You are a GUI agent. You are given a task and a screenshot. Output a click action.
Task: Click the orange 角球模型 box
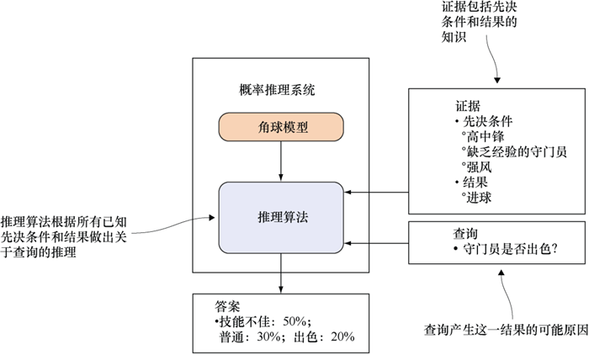click(281, 128)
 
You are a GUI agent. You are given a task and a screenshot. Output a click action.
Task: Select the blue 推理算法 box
click(281, 216)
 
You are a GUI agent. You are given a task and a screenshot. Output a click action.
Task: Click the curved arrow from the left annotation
click(181, 222)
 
